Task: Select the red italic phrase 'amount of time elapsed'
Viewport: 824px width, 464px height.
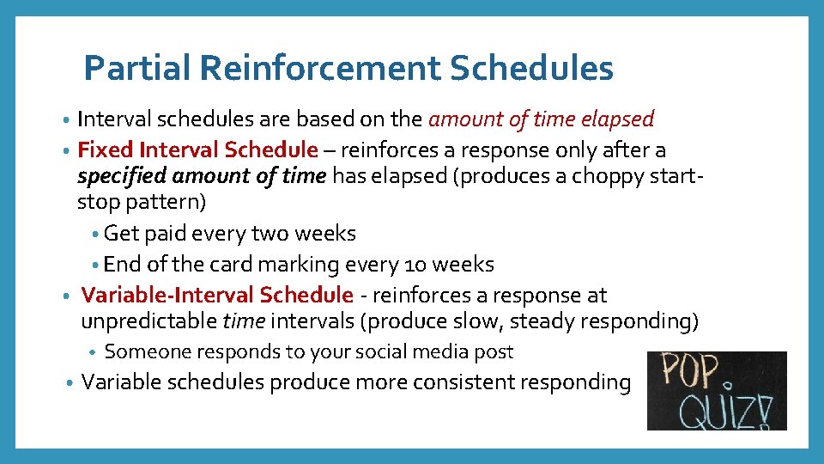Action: click(x=541, y=119)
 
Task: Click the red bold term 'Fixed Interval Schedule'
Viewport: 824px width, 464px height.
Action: click(x=197, y=150)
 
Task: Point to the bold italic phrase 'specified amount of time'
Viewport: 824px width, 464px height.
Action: click(x=202, y=176)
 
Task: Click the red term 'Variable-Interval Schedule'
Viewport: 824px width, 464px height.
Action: click(x=217, y=296)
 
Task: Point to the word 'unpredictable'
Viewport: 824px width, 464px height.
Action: click(x=149, y=322)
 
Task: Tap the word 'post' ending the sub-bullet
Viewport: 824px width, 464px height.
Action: click(x=495, y=351)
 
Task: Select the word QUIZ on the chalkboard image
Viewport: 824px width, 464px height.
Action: click(x=721, y=411)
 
